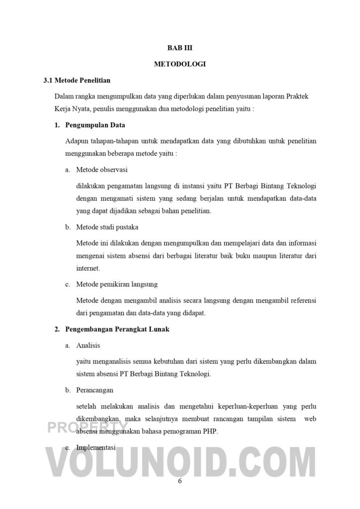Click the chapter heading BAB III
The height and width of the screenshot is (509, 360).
[x=180, y=48]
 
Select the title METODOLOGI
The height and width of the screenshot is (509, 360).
[x=180, y=64]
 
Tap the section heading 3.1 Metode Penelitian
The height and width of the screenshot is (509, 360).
[x=77, y=80]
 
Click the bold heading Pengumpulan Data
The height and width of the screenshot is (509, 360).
[x=95, y=125]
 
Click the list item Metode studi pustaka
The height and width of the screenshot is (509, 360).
[x=107, y=227]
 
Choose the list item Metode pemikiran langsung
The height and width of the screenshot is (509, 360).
[x=117, y=284]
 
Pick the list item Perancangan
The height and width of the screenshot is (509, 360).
[x=95, y=390]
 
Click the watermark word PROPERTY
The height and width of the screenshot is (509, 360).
[x=88, y=428]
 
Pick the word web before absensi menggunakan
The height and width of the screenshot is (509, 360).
[x=310, y=419]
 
